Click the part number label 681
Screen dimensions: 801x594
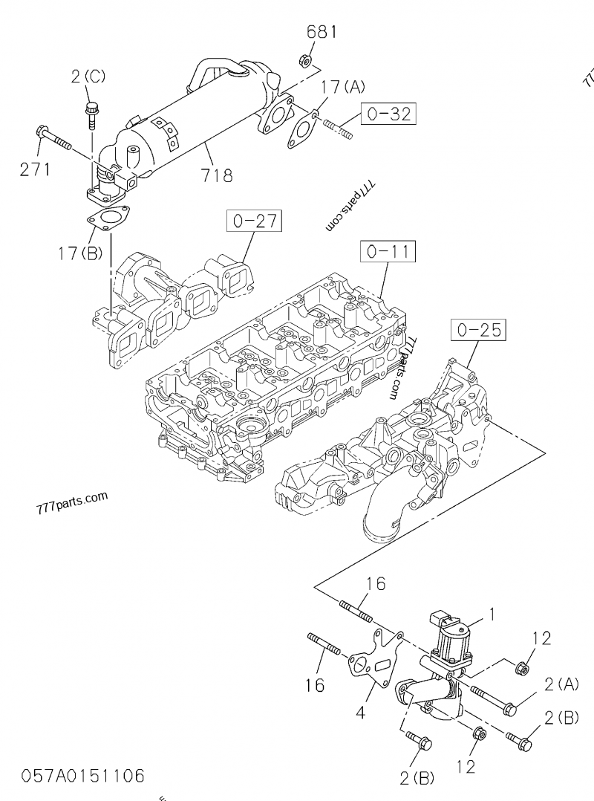(322, 32)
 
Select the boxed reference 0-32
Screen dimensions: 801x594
(388, 114)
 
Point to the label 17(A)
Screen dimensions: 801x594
(343, 88)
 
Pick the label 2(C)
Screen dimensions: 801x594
(89, 75)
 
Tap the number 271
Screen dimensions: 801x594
(35, 169)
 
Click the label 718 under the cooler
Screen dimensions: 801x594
(217, 176)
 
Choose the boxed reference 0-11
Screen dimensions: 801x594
(388, 251)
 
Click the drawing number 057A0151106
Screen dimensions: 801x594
(83, 776)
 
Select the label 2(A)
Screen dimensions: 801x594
(560, 684)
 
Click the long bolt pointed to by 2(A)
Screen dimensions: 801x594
(494, 698)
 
